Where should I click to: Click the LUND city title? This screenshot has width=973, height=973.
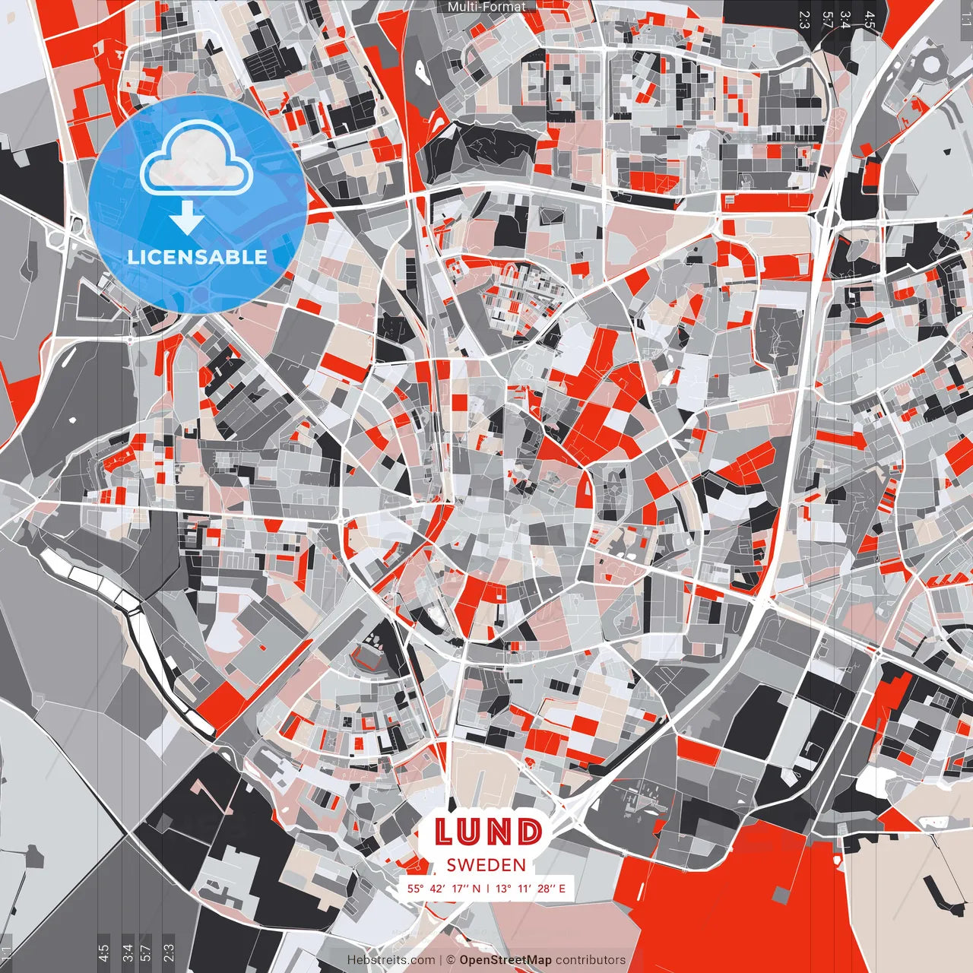(x=489, y=832)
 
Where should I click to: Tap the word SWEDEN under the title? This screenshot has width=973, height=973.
(x=486, y=865)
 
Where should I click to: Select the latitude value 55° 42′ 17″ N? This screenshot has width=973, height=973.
(x=443, y=888)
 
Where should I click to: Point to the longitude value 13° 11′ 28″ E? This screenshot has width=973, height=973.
(x=531, y=888)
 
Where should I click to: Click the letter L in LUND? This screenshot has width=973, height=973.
(x=445, y=832)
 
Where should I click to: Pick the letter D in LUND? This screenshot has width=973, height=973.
(x=530, y=832)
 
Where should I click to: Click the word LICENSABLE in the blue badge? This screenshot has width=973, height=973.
(x=198, y=257)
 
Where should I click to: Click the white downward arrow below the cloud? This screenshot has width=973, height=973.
(x=187, y=218)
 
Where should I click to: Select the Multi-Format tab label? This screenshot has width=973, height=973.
(x=486, y=7)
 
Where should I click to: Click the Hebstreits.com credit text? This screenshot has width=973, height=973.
(x=391, y=960)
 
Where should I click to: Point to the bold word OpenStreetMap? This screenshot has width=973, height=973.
(x=505, y=960)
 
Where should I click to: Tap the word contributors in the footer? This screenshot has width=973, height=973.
(x=591, y=960)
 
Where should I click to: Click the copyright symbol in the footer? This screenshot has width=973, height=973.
(x=450, y=960)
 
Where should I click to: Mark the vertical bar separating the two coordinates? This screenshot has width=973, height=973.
(x=487, y=888)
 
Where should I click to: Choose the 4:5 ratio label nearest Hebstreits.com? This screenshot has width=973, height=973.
(x=103, y=954)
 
